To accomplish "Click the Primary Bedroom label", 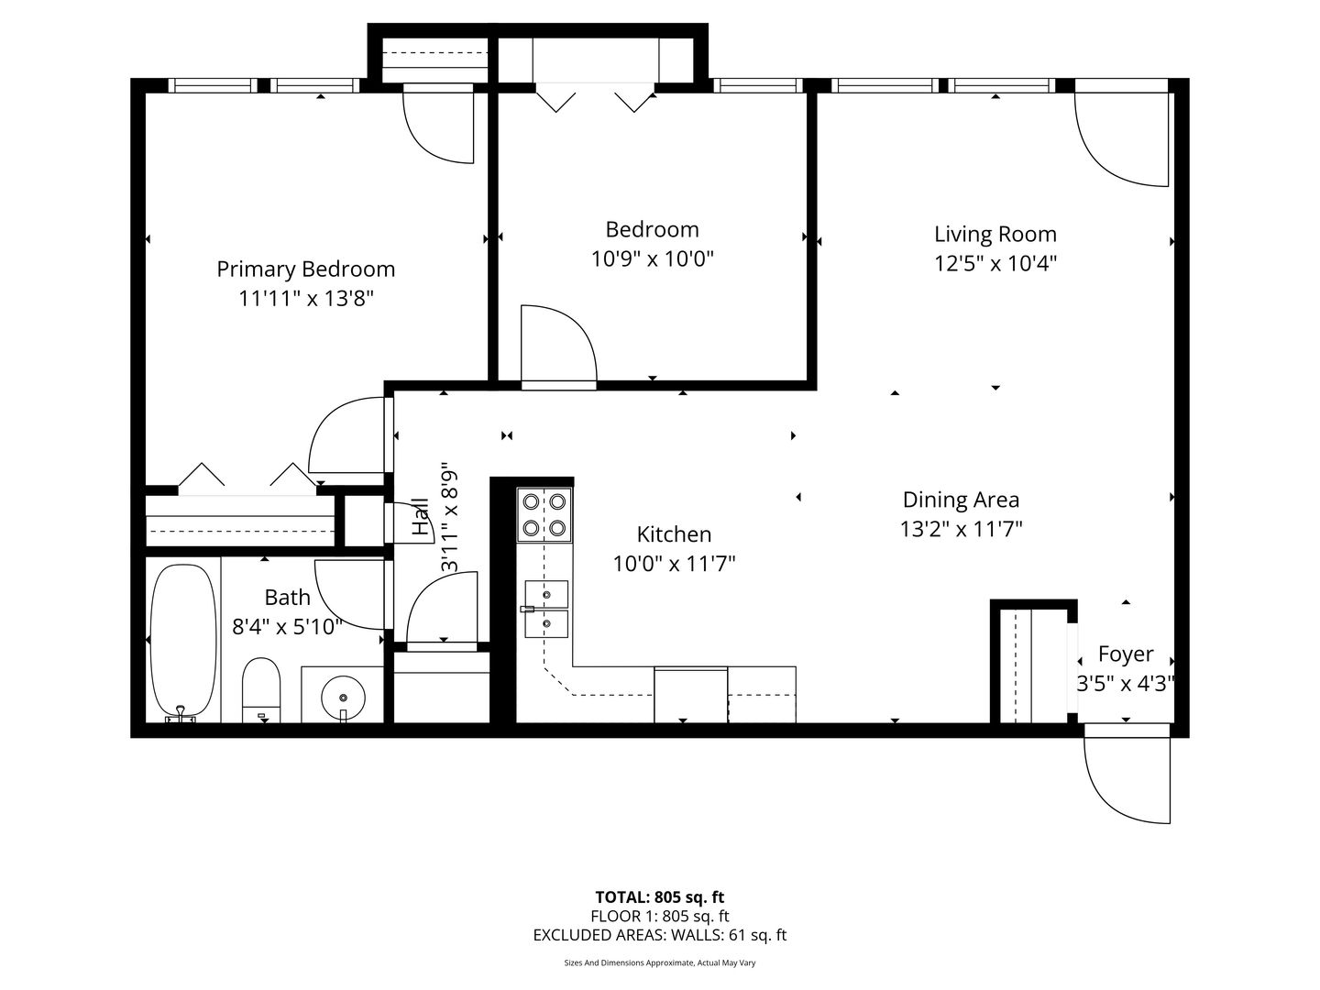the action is (305, 269).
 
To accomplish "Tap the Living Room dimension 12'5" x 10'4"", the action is (995, 263).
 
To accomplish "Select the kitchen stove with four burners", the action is (544, 514).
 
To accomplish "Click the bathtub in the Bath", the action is (182, 642).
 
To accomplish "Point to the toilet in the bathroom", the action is (261, 690).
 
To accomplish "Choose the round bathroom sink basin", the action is (343, 698).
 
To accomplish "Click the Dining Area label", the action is (961, 500).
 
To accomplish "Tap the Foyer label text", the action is (1126, 654).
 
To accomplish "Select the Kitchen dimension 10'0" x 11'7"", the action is (674, 564).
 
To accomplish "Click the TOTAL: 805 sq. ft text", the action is (660, 897).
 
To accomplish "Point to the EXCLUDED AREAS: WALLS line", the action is (660, 935).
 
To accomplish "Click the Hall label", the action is (421, 516).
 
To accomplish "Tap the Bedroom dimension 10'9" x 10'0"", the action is (653, 259).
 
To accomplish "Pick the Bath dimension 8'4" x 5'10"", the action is (288, 627).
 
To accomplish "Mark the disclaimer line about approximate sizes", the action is (660, 962).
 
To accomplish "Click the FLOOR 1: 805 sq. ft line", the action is (660, 916).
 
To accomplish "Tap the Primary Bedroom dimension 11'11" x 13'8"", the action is (306, 298).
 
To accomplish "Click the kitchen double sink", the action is (546, 609).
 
